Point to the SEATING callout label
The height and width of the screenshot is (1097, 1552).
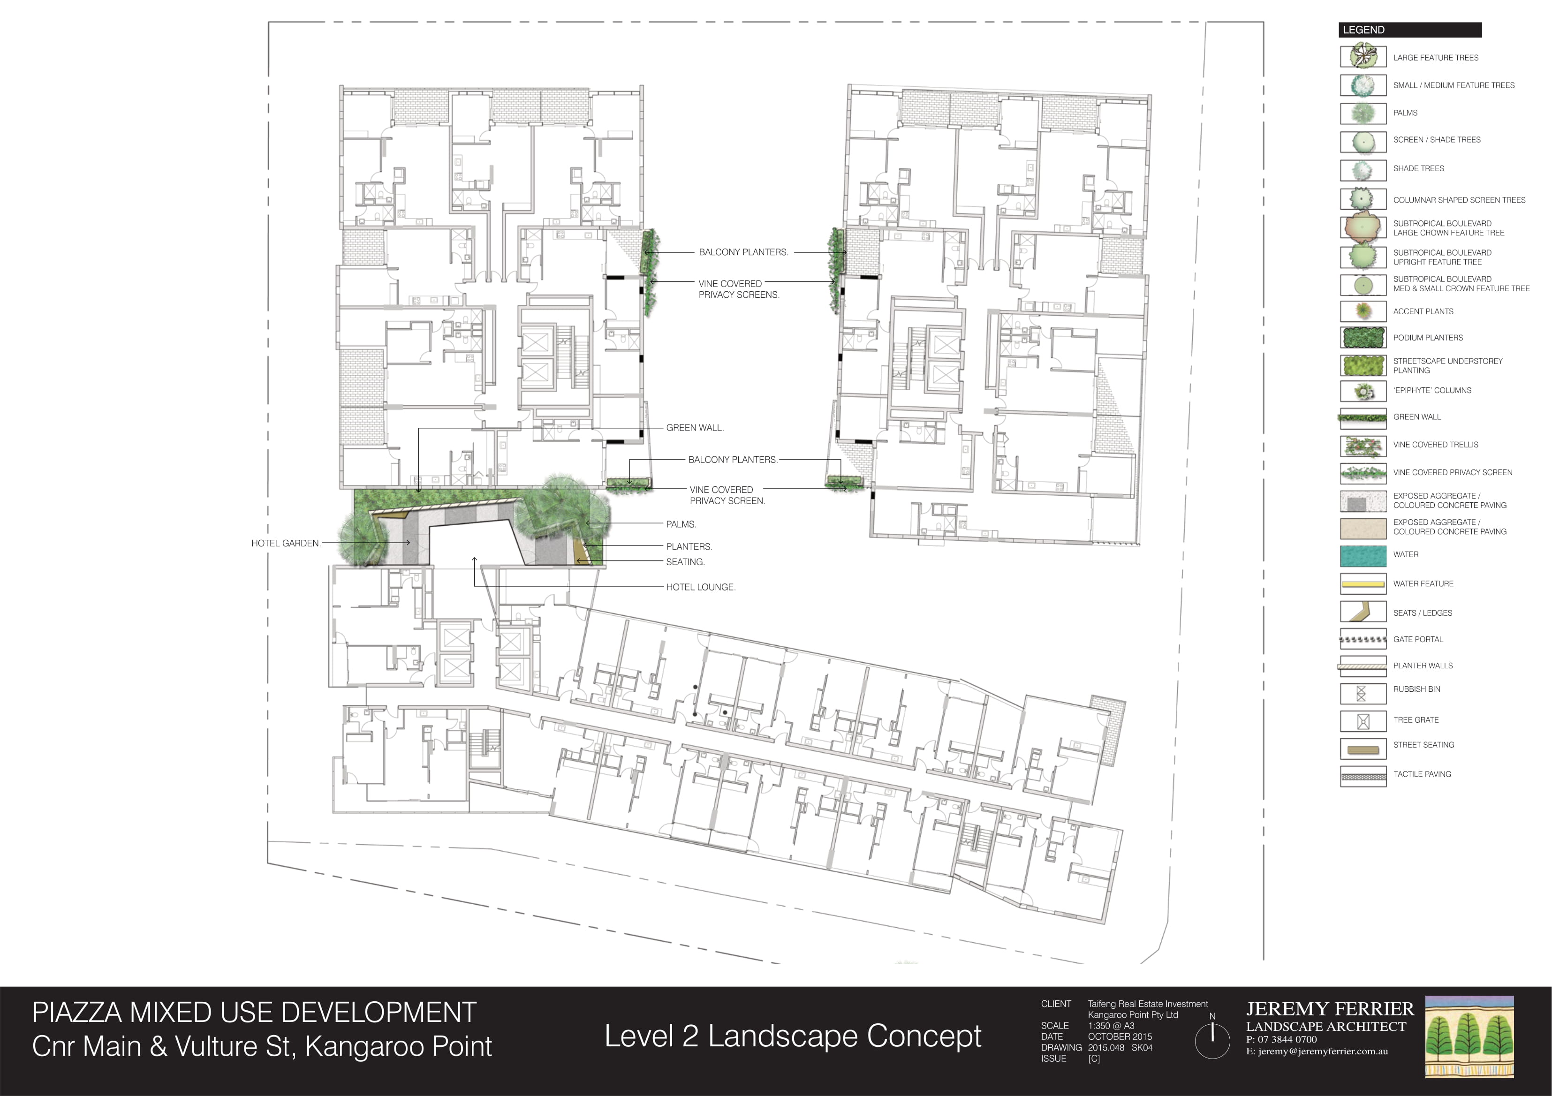tap(685, 562)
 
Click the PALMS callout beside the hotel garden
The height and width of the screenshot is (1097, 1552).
tap(681, 524)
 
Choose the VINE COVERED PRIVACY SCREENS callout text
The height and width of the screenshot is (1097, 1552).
tap(739, 289)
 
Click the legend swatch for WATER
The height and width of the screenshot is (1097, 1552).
tap(1363, 555)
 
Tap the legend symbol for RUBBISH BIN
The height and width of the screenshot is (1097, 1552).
tap(1362, 694)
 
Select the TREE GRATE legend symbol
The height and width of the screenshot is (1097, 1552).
tap(1363, 721)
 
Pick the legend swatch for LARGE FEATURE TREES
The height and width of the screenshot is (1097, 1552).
tap(1363, 57)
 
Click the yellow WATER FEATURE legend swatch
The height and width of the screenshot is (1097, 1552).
tap(1363, 584)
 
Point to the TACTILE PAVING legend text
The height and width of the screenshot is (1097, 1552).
tap(1422, 774)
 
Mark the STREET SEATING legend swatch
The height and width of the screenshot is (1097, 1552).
tap(1363, 749)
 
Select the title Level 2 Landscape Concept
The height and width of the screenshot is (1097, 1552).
tap(793, 1036)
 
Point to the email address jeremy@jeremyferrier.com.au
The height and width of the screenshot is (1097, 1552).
tap(1317, 1052)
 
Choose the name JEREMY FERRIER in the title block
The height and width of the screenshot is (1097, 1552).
tap(1330, 1010)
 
